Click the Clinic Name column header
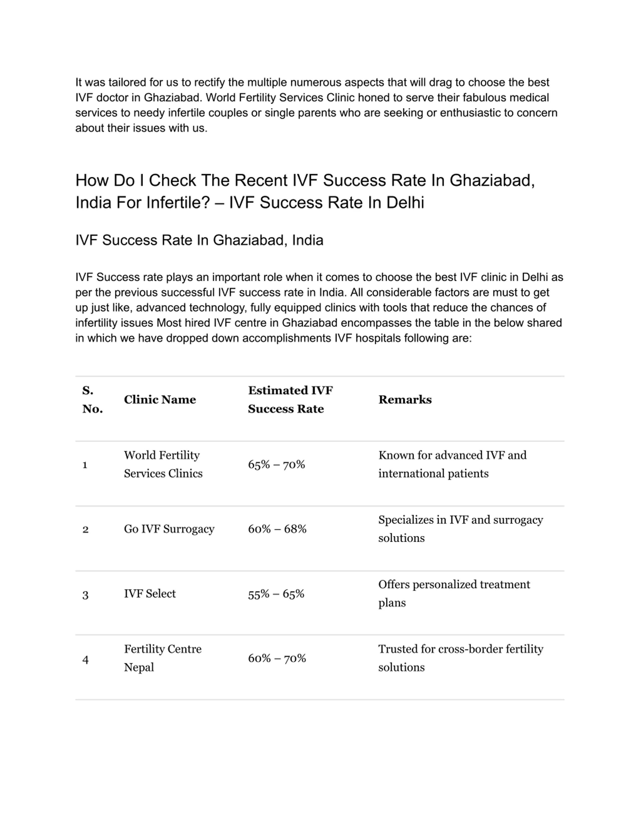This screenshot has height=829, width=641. pyautogui.click(x=160, y=399)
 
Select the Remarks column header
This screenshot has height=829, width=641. pyautogui.click(x=405, y=399)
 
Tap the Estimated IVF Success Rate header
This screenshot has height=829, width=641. pyautogui.click(x=290, y=399)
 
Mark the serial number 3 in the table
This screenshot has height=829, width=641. pyautogui.click(x=85, y=595)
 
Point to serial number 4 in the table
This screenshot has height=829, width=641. pyautogui.click(x=85, y=660)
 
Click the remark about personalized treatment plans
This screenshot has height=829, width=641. pyautogui.click(x=454, y=594)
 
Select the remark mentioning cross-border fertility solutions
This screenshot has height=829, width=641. pyautogui.click(x=460, y=658)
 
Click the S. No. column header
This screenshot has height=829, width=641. pyautogui.click(x=92, y=399)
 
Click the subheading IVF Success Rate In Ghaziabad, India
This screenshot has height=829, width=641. pyautogui.click(x=199, y=240)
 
